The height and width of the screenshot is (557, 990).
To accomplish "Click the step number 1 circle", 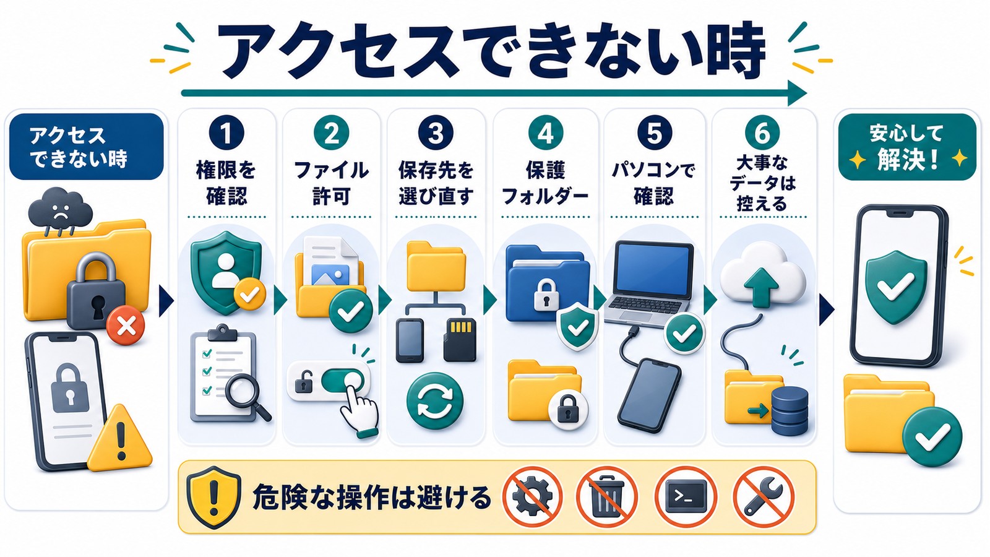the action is (226, 132).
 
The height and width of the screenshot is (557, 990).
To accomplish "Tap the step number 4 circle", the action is (545, 132).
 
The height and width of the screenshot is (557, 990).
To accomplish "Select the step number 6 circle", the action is (762, 132).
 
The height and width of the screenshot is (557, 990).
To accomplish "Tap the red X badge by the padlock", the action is (126, 327).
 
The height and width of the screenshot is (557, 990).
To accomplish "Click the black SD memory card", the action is (460, 340).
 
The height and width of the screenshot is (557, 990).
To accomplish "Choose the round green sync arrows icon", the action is (435, 400).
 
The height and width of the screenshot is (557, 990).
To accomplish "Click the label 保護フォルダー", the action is (545, 183).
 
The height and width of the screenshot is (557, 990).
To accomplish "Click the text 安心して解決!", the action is (907, 147).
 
